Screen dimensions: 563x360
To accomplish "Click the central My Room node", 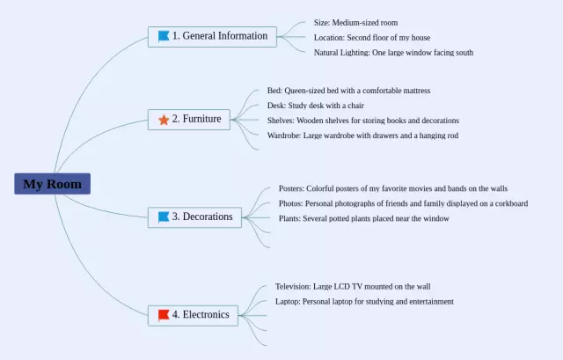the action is point(53,184).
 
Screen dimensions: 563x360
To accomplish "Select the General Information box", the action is point(212,37).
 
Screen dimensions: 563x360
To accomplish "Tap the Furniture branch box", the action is point(189,120).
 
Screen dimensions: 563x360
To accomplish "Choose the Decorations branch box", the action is point(194,217).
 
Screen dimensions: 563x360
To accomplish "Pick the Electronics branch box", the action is point(193,315).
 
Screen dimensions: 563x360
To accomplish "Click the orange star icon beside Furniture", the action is point(164,120).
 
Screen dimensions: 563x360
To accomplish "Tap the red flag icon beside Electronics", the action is point(164,315).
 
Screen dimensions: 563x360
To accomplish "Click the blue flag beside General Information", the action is point(164,36).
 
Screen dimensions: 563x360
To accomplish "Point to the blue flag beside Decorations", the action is point(164,217).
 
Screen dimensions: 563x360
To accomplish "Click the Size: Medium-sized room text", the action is point(355,23).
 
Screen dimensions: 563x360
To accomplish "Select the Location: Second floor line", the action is point(372,38).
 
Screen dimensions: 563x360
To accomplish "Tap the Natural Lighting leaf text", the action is point(393,53).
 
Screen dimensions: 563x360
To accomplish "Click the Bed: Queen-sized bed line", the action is point(348,91).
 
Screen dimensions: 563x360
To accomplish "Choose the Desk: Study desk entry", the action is point(316,106).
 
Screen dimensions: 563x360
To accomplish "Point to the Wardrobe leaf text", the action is point(362,136).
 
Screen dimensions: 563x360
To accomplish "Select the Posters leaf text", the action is point(393,188).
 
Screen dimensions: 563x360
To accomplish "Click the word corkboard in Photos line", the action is point(511,203).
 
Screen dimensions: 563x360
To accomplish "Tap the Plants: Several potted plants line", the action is point(363,218).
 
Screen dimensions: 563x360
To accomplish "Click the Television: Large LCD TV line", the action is point(353,287).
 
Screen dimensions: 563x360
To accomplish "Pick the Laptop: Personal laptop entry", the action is point(364,301).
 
